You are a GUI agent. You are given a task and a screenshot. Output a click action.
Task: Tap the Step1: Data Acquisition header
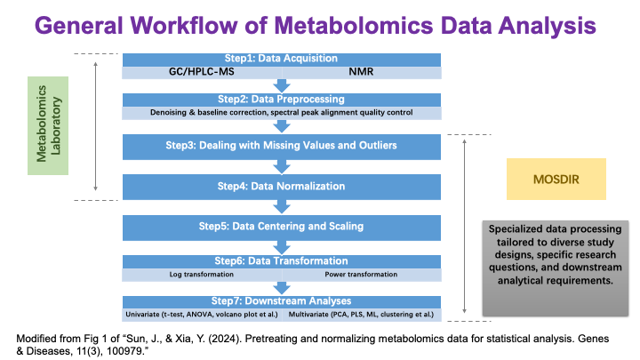pyautogui.click(x=281, y=59)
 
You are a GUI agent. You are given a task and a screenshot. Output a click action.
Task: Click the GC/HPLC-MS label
pyautogui.click(x=198, y=71)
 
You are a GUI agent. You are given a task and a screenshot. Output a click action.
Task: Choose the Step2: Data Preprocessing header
pyautogui.click(x=281, y=99)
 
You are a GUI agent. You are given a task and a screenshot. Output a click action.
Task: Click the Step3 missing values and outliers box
pyautogui.click(x=281, y=145)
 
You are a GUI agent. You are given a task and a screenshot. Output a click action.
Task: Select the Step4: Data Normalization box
pyautogui.click(x=281, y=187)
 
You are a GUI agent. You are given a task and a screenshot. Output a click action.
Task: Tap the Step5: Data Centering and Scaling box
pyautogui.click(x=281, y=227)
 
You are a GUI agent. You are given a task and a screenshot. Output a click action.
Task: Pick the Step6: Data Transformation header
pyautogui.click(x=281, y=261)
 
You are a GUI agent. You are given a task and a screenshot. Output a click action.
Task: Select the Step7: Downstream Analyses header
pyautogui.click(x=281, y=301)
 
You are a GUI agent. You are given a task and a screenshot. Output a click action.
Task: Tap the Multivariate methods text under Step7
pyautogui.click(x=364, y=314)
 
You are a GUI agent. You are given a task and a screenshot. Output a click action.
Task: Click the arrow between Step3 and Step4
pyautogui.click(x=282, y=166)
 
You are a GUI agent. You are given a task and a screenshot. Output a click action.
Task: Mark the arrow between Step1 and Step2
pyautogui.click(x=282, y=85)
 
